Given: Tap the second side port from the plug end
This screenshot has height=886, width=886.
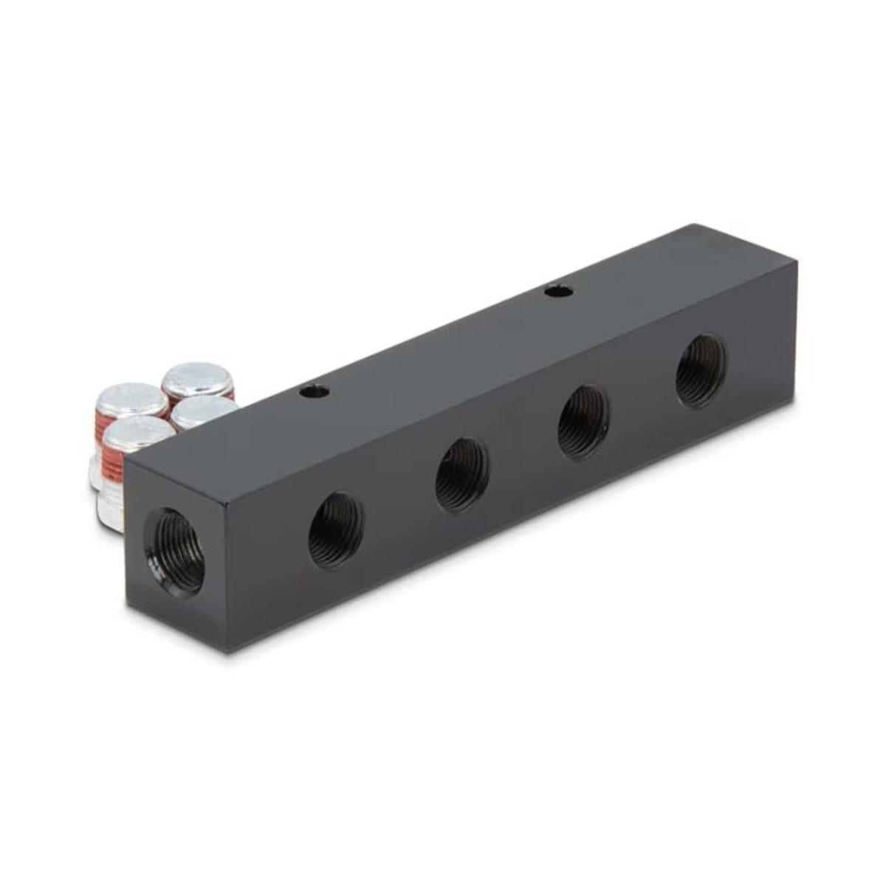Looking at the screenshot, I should pyautogui.click(x=462, y=474).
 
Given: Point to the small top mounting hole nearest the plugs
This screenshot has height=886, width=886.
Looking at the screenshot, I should pyautogui.click(x=308, y=394).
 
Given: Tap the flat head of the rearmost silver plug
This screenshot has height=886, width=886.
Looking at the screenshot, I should pyautogui.click(x=196, y=380).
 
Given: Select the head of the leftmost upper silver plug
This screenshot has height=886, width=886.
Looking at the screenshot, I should pyautogui.click(x=131, y=399).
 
